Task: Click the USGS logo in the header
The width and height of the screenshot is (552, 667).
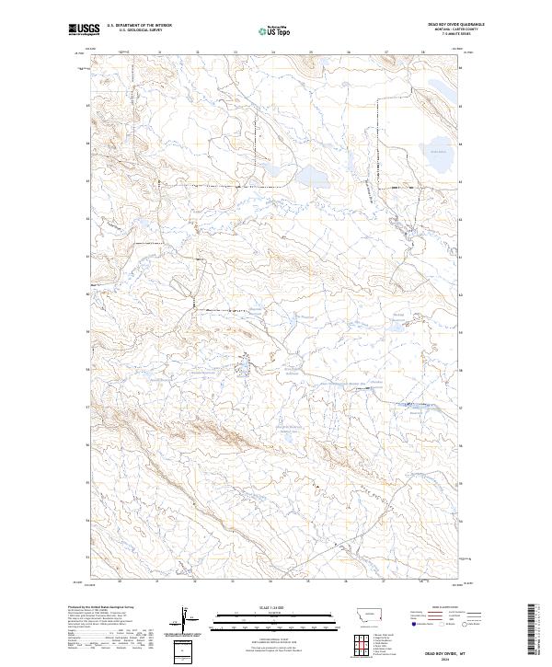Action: click(x=84, y=30)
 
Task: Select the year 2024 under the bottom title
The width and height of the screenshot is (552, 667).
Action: click(x=448, y=660)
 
